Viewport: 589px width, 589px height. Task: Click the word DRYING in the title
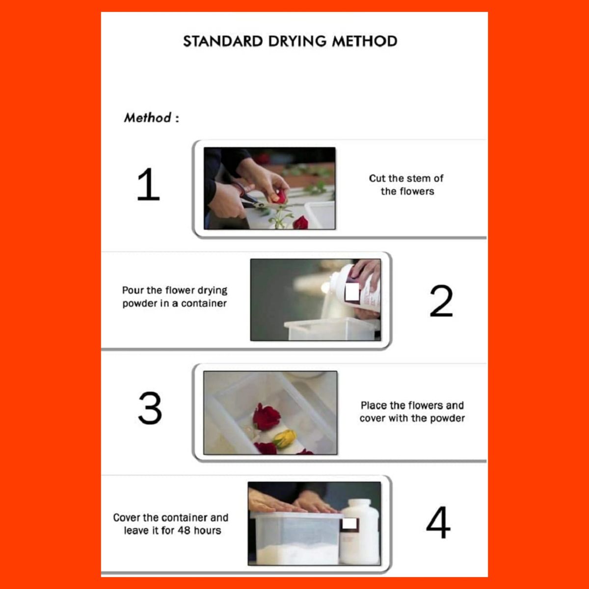point(297,42)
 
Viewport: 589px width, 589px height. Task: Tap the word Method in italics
point(147,118)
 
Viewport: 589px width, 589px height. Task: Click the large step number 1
point(148,185)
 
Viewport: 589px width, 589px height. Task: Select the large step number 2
point(441,301)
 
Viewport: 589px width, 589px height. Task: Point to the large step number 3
point(150,408)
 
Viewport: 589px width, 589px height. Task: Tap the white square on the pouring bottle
point(352,292)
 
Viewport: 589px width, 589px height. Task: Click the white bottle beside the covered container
point(360,532)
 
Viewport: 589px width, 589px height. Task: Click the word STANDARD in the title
point(223,42)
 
